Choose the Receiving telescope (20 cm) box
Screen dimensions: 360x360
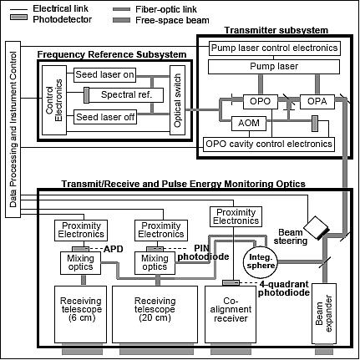click(x=156, y=312)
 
